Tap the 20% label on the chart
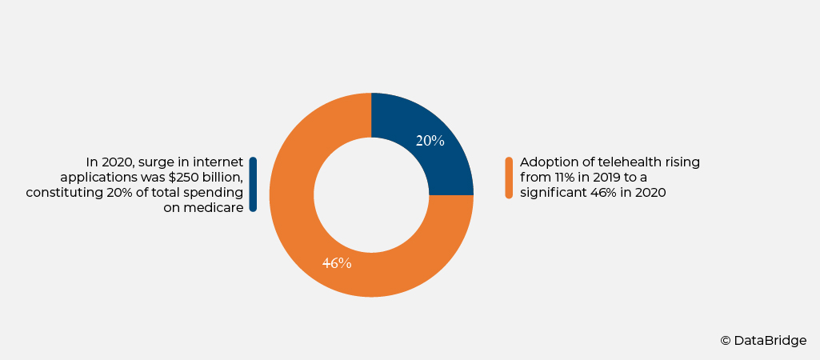coord(430,141)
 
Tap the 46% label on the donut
coord(337,263)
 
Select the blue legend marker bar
coord(253,184)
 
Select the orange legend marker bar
coord(509,178)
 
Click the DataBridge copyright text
coord(763,341)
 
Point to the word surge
coord(157,162)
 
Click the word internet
coord(218,162)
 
